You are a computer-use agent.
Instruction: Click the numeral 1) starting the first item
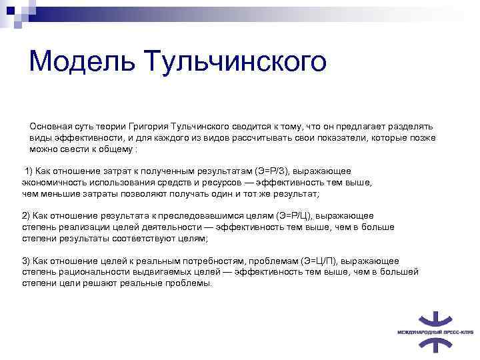click(29, 171)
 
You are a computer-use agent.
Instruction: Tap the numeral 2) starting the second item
click(26, 216)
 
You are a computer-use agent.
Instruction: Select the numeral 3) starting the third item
click(26, 261)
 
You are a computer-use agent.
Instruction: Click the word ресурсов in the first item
click(251, 182)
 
